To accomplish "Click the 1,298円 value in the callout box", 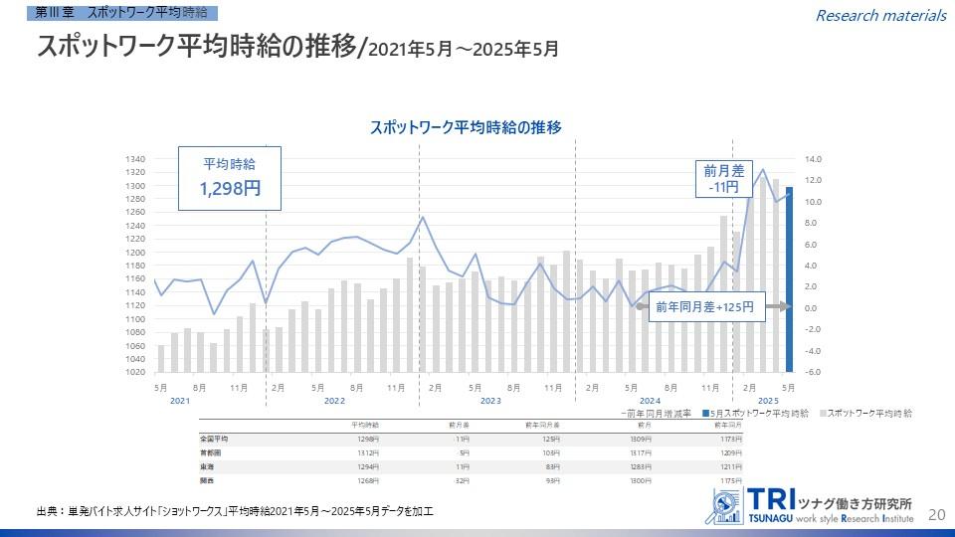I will pos(230,188).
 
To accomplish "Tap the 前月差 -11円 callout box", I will pos(724,179).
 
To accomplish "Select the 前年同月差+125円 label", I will pos(704,308).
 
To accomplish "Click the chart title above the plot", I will pos(466,127).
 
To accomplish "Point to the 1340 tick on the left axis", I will pos(136,159).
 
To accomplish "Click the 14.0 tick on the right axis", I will pos(812,159).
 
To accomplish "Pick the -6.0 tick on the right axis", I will pos(812,372).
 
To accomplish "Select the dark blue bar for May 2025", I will pos(789,278).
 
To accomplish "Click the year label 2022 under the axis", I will pos(334,400).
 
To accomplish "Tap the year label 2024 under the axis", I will pos(650,400).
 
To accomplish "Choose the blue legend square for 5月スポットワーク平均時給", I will pos(706,412).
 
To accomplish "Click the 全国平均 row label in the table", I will pos(215,439).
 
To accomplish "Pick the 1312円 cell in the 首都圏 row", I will pos(367,450).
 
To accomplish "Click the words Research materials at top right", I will pos(880,15).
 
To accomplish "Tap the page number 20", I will pos(935,514).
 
